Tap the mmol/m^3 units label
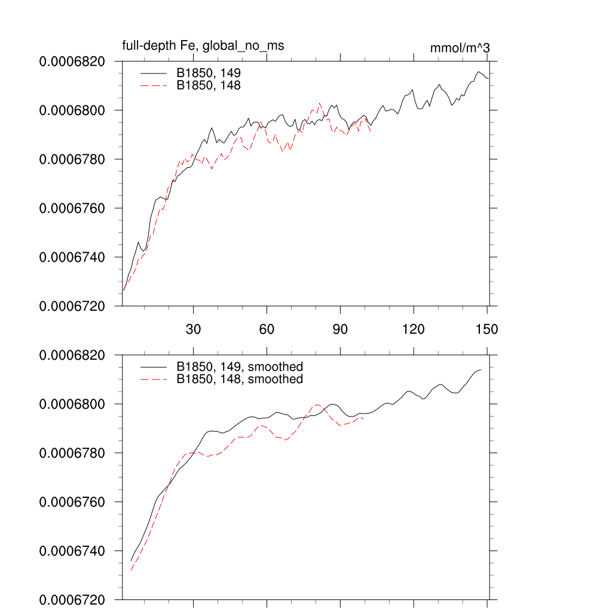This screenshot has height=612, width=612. pos(460,48)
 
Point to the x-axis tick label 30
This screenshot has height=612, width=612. pos(193,329)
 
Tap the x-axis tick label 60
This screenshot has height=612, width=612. pos(267,329)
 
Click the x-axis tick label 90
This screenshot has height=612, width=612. pos(340,329)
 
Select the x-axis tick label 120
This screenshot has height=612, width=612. pos(414,329)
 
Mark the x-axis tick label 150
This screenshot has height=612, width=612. pos(487,329)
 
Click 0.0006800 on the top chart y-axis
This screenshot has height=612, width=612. pos(72,111)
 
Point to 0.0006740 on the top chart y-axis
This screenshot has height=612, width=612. pos(72,258)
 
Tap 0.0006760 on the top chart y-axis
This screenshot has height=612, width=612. pos(72,209)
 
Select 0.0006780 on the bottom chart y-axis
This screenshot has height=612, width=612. pos(72,453)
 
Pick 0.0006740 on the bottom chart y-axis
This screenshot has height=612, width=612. pos(72,551)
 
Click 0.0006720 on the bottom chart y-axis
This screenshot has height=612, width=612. pos(72,599)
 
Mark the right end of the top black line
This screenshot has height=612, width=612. pos(488,78)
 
